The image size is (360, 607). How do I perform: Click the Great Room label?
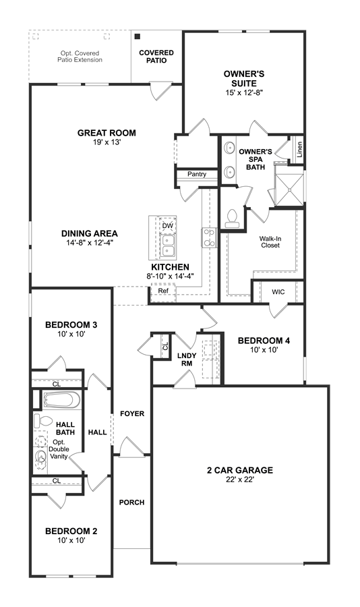coord(107,133)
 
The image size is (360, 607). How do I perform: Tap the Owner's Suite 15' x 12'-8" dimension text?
coord(244,92)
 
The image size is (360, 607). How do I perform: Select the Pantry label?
coord(197,174)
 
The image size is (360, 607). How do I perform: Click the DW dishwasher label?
coord(168,226)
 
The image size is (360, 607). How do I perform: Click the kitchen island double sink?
coord(168,246)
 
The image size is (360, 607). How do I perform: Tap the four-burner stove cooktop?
coord(209,237)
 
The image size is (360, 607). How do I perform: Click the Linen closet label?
coord(299,149)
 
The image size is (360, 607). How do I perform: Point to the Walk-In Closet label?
coord(270,242)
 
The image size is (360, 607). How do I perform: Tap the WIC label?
coord(278,292)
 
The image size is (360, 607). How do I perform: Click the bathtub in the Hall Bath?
coord(61,400)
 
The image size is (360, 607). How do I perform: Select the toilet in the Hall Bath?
coord(43,421)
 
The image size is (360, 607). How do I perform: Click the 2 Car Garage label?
coord(239,470)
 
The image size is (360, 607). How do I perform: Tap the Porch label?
coord(131,502)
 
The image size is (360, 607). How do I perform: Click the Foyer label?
coord(132,414)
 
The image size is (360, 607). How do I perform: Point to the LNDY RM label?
coord(187,359)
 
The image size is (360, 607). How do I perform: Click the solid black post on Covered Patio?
coord(138,36)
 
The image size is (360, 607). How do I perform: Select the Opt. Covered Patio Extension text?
coord(80,57)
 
